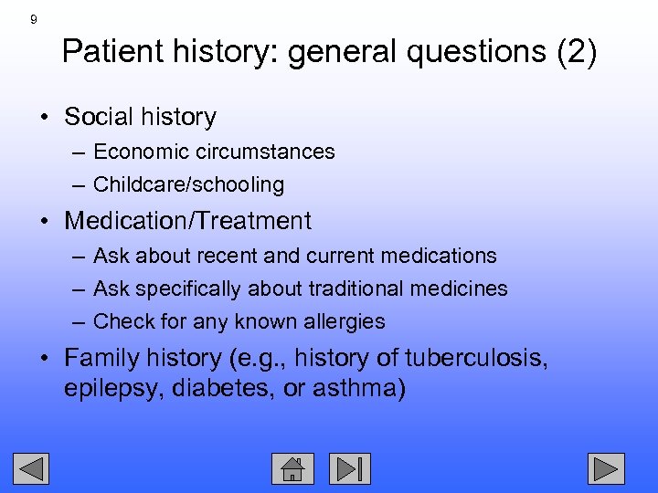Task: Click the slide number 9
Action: coord(34,19)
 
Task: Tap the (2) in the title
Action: coord(577,53)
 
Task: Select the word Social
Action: coord(99,117)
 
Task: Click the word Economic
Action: coord(138,152)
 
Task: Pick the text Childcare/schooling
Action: coord(189,184)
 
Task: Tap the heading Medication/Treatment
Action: coord(188,221)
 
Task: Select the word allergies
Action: coord(345,321)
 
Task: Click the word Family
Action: coord(103,357)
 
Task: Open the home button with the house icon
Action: coord(292,468)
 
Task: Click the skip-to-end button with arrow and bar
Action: coord(350,468)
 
